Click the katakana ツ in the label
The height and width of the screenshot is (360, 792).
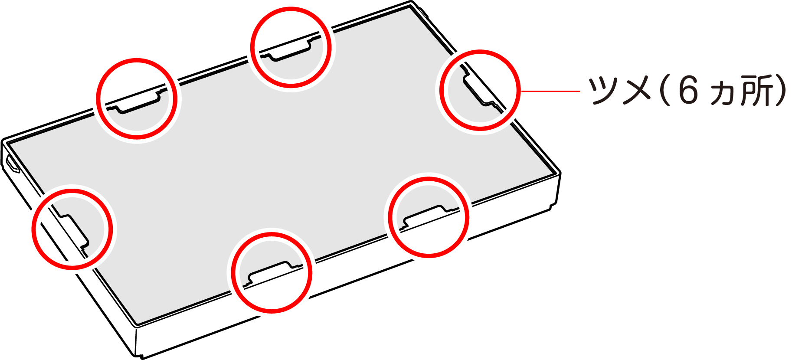(604, 90)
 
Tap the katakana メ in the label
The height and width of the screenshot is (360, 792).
(637, 90)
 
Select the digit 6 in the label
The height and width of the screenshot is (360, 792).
(688, 90)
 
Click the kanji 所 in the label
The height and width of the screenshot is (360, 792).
(756, 90)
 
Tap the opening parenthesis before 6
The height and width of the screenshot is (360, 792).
(664, 90)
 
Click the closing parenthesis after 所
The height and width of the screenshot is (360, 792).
(781, 90)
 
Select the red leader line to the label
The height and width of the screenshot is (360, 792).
(550, 91)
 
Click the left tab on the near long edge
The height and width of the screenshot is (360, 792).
(272, 273)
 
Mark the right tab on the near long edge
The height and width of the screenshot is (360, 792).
(428, 217)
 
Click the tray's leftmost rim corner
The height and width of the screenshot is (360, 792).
(3, 141)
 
